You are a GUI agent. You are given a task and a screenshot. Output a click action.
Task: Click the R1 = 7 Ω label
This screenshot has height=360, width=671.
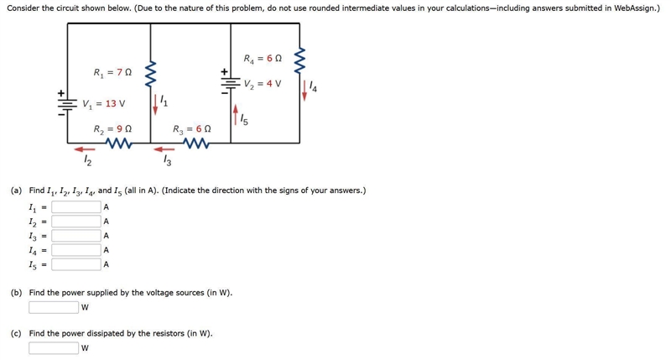[112, 72]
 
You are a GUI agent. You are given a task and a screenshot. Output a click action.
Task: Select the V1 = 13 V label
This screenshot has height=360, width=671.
[104, 103]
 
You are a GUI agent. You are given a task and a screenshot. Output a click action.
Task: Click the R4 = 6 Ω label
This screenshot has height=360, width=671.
[263, 58]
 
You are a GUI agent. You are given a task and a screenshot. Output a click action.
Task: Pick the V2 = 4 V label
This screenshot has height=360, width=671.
[263, 83]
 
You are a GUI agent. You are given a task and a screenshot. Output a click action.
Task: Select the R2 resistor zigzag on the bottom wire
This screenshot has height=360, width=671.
[118, 143]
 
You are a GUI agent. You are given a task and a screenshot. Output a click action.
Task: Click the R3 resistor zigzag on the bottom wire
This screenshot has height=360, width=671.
[196, 143]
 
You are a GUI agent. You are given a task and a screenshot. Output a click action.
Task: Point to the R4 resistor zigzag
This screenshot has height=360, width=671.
[299, 60]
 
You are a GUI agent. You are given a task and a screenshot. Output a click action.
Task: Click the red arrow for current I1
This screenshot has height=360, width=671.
[155, 104]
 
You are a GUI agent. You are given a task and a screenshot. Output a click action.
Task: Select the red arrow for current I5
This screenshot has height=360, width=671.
[236, 115]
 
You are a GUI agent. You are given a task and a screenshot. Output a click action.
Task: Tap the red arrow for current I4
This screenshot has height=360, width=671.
[304, 90]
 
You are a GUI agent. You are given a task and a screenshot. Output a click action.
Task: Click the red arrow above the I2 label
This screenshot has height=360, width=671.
[85, 149]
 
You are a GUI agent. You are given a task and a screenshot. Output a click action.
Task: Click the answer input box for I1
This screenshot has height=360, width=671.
[76, 207]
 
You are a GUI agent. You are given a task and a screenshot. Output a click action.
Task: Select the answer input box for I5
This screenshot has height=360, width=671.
[76, 264]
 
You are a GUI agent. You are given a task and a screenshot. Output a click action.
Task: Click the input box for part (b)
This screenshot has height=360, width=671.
[54, 307]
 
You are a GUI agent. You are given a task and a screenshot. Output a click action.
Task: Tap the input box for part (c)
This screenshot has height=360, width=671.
[54, 348]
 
